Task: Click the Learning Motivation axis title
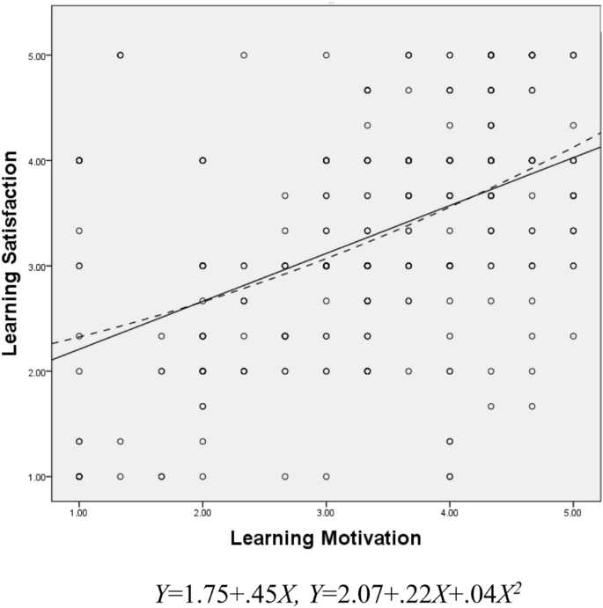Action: (326, 535)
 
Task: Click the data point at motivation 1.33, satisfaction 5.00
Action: (121, 55)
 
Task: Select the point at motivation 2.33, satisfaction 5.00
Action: (244, 55)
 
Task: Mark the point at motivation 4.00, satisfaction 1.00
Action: (450, 476)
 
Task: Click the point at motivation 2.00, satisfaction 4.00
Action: (202, 160)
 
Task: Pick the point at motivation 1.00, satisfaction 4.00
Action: (79, 160)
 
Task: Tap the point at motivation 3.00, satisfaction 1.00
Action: (326, 476)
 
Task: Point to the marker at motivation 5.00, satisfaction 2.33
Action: (573, 336)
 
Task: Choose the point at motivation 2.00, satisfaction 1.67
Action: (202, 406)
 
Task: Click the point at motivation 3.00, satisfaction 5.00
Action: (326, 55)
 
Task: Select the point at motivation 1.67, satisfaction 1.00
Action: (162, 476)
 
